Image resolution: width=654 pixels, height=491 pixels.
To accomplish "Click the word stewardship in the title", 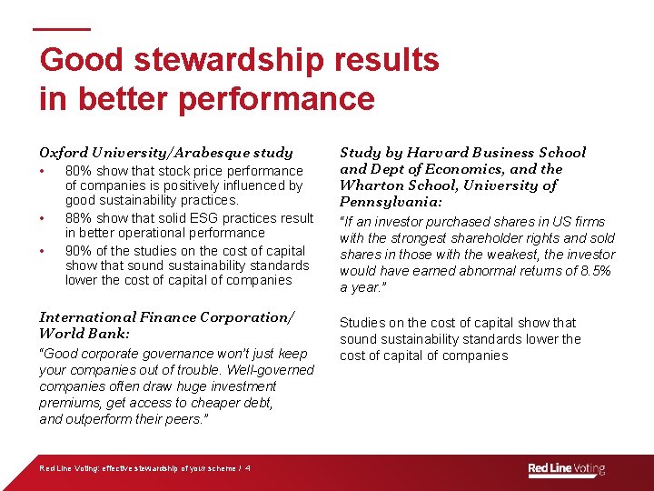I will point(229,60).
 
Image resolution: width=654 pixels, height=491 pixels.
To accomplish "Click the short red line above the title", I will point(62,28).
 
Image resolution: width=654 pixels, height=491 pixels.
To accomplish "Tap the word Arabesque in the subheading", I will point(214,153).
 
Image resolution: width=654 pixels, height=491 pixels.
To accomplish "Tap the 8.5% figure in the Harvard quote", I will point(597,271).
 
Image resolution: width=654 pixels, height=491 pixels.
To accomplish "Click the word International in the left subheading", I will point(86,317).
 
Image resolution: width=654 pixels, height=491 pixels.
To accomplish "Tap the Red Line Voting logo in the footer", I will point(567,469).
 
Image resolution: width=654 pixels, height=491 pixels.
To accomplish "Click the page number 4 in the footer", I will point(248,469).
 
